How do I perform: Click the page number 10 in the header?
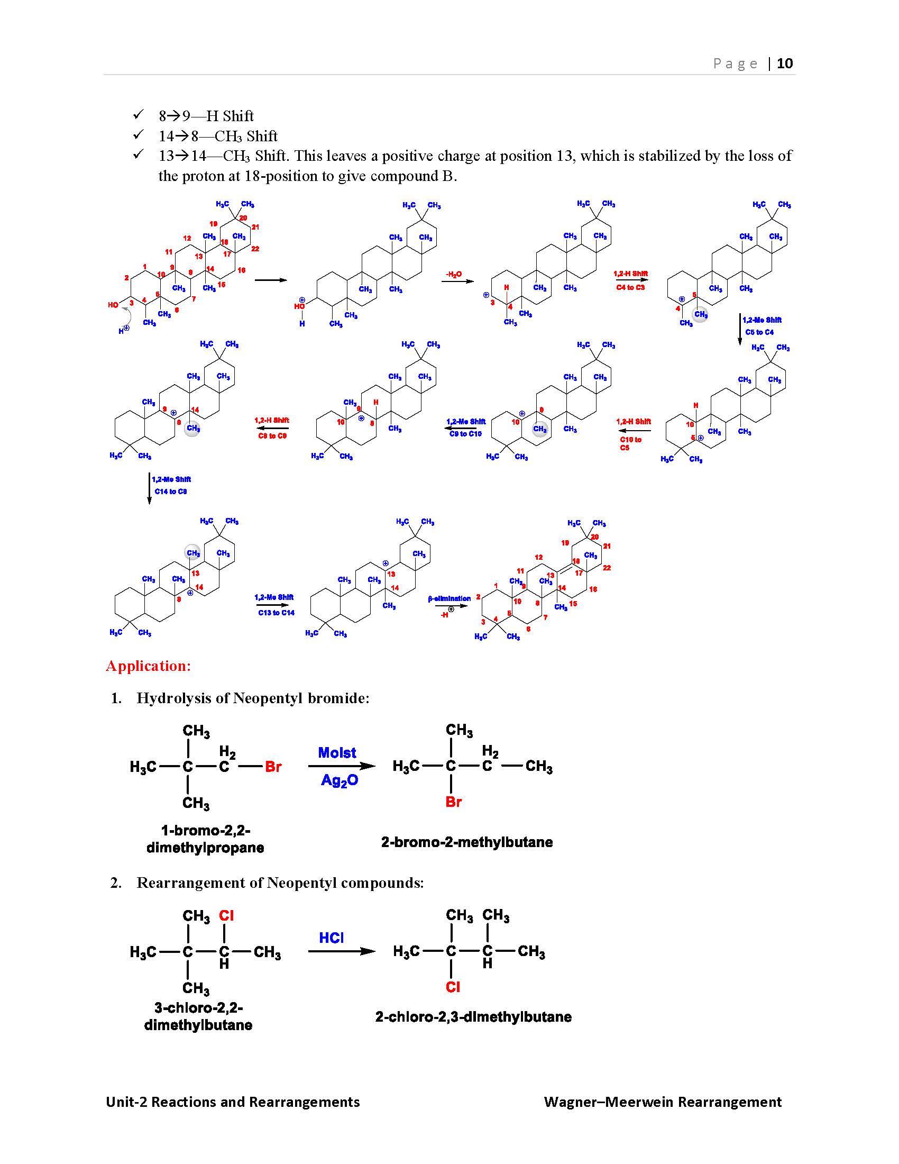pos(784,63)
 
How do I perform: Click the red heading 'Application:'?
pos(148,666)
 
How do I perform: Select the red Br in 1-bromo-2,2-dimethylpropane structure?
pos(273,767)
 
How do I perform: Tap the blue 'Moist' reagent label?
pos(337,752)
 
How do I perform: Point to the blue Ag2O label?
pos(340,781)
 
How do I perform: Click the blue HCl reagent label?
pos(331,938)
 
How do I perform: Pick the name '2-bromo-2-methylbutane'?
pos(466,842)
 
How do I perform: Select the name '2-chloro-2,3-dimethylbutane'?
pos(473,1017)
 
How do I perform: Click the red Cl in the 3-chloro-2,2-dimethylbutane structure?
pos(226,916)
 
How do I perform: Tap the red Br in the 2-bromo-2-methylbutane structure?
pos(453,802)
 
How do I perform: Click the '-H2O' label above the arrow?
pos(454,275)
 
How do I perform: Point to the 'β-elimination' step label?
pos(449,598)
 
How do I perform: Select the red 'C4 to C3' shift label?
pos(630,287)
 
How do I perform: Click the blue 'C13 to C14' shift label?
pos(276,613)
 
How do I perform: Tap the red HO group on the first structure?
pos(113,305)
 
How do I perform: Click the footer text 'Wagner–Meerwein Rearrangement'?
pos(663,1102)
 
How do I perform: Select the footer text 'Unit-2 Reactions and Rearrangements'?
pos(233,1102)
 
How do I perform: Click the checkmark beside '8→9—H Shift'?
pos(139,115)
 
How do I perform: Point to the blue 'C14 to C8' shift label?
pos(170,492)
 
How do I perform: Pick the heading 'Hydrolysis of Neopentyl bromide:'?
pos(253,698)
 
